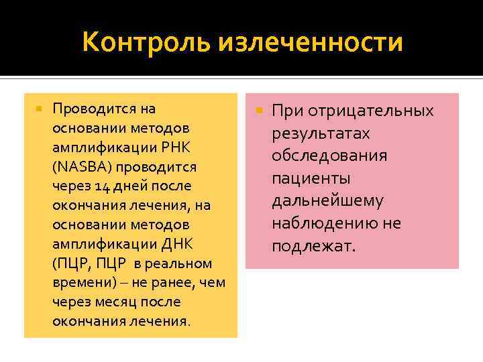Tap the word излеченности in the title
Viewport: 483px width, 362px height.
click(x=311, y=43)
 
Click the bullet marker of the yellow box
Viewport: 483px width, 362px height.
click(x=40, y=108)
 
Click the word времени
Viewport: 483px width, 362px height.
click(x=76, y=282)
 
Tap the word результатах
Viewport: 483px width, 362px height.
click(x=321, y=133)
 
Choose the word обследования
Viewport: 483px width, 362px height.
click(x=329, y=156)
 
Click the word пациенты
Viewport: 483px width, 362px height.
click(x=311, y=178)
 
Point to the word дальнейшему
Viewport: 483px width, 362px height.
click(x=327, y=201)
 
